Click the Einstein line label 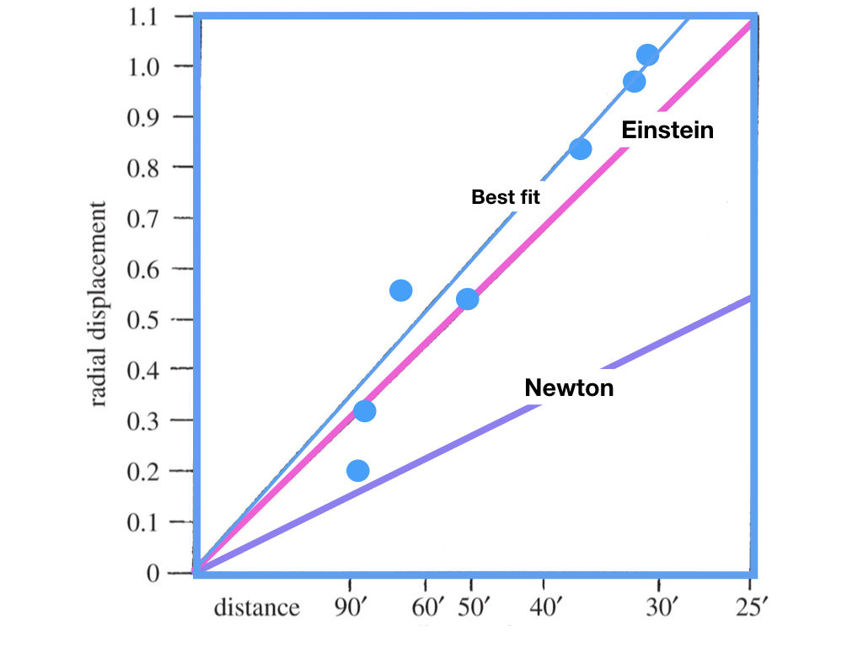pyautogui.click(x=667, y=131)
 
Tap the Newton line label pyautogui.click(x=569, y=388)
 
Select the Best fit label pyautogui.click(x=505, y=198)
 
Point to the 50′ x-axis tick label pyautogui.click(x=472, y=607)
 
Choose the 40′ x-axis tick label pyautogui.click(x=544, y=607)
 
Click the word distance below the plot pyautogui.click(x=256, y=607)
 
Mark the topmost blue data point pyautogui.click(x=647, y=56)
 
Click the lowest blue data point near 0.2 pyautogui.click(x=358, y=470)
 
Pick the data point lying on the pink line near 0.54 pyautogui.click(x=467, y=299)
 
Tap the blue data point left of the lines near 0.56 pyautogui.click(x=401, y=291)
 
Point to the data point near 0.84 pyautogui.click(x=580, y=149)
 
